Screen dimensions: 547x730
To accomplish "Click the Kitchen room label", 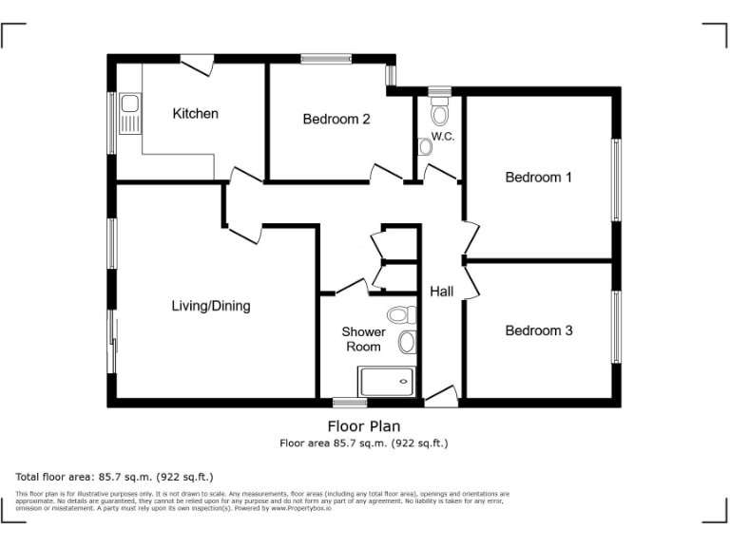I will [195, 114].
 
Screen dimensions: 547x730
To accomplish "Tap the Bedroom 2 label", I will [336, 120].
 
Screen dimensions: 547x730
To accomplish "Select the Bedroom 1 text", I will [538, 178].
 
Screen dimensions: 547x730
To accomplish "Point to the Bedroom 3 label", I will [538, 331].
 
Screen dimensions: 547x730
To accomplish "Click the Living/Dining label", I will [210, 306].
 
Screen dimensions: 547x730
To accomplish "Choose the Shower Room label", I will [363, 339].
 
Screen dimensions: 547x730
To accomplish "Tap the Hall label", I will [441, 292].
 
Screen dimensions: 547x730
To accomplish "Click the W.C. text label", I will [443, 137].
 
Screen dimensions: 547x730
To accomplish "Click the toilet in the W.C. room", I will [439, 113].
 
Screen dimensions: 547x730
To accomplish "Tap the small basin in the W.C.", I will [425, 147].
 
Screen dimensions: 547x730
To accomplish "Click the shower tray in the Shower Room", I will [387, 383].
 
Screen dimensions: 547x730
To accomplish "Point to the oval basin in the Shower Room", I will [407, 342].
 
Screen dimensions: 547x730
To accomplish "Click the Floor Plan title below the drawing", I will [363, 426].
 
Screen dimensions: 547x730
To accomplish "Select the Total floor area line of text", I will [115, 476].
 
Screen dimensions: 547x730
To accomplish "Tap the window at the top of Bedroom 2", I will [326, 59].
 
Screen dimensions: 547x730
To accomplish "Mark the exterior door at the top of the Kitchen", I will [197, 65].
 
